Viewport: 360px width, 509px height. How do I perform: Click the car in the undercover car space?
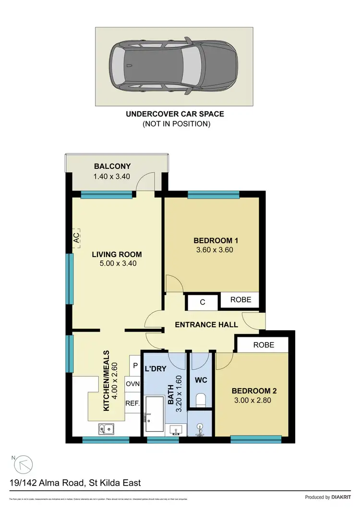coord(173,66)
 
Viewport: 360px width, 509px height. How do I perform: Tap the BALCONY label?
coord(112,166)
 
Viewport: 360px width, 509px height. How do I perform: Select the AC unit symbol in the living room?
coord(76,237)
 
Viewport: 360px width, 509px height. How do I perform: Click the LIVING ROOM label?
coord(117,255)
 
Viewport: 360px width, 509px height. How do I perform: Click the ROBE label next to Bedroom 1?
coord(240,299)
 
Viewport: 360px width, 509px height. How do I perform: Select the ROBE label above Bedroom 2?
coord(264,344)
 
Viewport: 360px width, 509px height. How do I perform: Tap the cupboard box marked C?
coord(203,302)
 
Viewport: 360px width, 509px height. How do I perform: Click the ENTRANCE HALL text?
coord(206,325)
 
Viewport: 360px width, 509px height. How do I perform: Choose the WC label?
coord(201,380)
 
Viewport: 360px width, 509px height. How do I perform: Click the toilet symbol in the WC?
coord(201,399)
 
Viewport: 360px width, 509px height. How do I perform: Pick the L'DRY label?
coord(155,369)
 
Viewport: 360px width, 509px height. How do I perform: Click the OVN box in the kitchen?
coord(132,384)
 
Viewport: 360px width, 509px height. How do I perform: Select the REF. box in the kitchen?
coord(132,403)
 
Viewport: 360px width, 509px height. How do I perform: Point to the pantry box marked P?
coord(135,366)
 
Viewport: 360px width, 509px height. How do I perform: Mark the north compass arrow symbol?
coord(24,464)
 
